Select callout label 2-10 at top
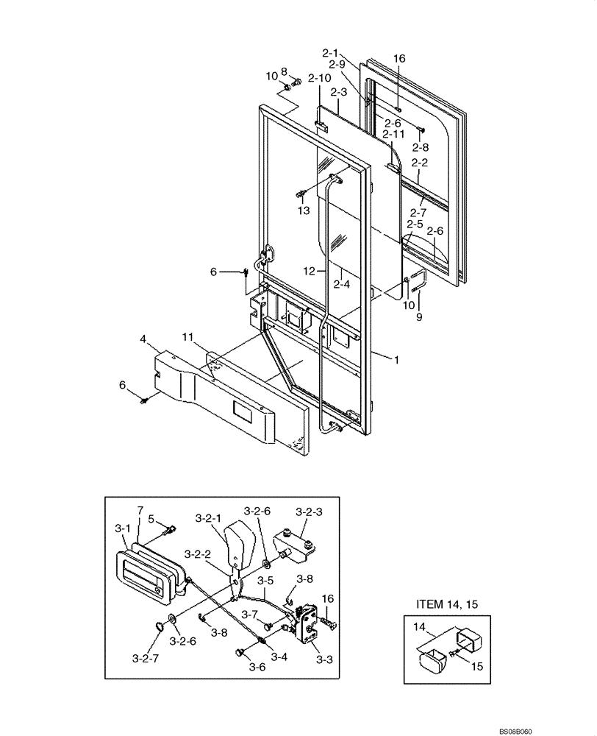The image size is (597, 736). point(321,77)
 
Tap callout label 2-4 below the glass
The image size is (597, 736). point(340,282)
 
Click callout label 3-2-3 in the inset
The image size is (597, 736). point(310,511)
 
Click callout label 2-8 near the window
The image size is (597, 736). point(421,148)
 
